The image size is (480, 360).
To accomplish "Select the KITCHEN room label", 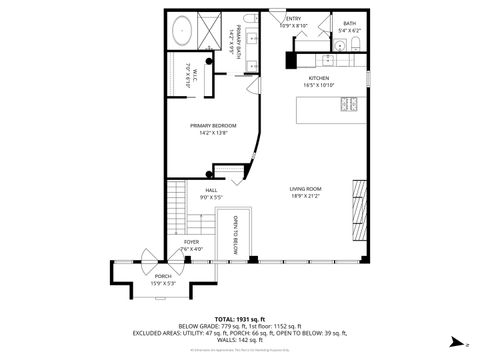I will pyautogui.click(x=318, y=77).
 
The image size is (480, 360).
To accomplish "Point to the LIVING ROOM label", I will pyautogui.click(x=305, y=189).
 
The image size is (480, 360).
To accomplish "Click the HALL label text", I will pyautogui.click(x=211, y=190).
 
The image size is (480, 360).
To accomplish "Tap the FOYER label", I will pyautogui.click(x=190, y=241).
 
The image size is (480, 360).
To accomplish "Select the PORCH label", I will pyautogui.click(x=162, y=277).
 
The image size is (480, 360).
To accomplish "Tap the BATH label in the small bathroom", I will pyautogui.click(x=349, y=23).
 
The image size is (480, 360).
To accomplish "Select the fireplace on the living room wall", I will pyautogui.click(x=357, y=216).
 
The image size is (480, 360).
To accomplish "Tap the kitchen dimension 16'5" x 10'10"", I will pyautogui.click(x=318, y=85).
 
